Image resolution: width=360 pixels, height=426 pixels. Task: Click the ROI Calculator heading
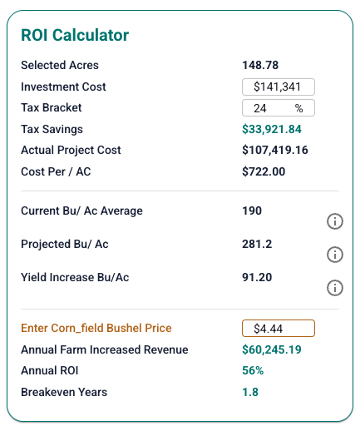(75, 35)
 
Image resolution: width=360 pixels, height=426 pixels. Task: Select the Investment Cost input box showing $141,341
(279, 87)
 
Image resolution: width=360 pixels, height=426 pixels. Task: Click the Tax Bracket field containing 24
(279, 108)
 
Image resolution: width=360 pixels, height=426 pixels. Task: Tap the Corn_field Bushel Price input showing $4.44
(279, 329)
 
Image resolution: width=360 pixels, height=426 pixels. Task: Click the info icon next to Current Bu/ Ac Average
(335, 221)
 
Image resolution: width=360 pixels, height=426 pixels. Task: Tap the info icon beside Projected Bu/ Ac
(335, 255)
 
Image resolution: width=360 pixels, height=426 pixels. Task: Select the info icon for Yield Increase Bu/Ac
(335, 288)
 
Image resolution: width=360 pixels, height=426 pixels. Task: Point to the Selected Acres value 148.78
(260, 65)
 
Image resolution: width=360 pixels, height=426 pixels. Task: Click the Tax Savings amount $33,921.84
(272, 129)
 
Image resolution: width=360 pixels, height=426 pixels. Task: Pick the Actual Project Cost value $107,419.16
(275, 150)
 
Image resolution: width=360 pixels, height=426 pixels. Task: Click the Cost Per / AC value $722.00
(264, 171)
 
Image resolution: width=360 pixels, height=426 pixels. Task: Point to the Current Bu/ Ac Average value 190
(252, 211)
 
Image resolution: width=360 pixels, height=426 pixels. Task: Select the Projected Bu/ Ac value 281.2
(257, 244)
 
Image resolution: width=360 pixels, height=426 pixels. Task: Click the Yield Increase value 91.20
(257, 277)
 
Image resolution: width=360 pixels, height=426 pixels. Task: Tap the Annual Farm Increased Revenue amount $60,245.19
(272, 349)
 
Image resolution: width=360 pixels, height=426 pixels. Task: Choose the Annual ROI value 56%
(253, 370)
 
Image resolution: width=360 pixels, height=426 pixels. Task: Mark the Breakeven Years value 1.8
(250, 392)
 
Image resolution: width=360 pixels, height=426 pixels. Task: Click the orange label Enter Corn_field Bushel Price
(96, 328)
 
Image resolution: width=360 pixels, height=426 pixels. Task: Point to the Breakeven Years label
(64, 392)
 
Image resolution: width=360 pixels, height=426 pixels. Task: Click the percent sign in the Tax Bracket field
(298, 108)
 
